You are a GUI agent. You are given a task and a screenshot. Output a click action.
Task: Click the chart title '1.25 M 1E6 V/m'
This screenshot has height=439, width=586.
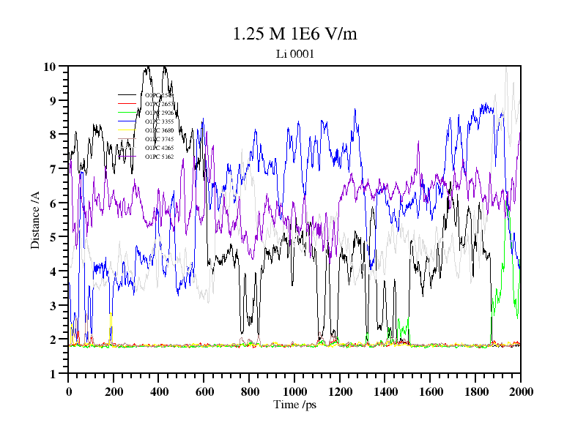tap(294, 34)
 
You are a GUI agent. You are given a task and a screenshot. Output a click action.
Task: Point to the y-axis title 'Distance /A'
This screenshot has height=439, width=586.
tap(34, 220)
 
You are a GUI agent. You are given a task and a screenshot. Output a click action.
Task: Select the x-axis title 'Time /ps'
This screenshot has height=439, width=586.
tap(294, 405)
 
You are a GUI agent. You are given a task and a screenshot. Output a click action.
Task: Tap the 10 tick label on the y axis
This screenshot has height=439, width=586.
tap(50, 67)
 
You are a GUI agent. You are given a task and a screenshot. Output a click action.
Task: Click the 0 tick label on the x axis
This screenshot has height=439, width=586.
tap(69, 391)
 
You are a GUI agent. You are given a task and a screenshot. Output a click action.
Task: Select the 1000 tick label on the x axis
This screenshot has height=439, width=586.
tap(294, 391)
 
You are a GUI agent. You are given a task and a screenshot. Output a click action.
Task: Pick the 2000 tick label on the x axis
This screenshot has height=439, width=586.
tap(520, 391)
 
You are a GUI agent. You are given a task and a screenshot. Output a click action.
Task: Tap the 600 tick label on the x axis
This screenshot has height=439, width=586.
tap(204, 391)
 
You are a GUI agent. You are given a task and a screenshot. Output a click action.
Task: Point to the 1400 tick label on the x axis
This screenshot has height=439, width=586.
tap(385, 391)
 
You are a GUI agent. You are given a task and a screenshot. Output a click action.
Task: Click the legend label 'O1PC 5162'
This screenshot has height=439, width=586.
tap(159, 157)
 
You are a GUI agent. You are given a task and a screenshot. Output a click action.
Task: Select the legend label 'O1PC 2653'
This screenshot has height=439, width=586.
tap(159, 104)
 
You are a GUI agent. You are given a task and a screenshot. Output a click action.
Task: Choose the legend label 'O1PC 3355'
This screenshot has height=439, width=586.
tap(159, 121)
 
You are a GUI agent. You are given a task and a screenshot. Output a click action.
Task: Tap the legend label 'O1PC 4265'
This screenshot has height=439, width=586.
tap(159, 148)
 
